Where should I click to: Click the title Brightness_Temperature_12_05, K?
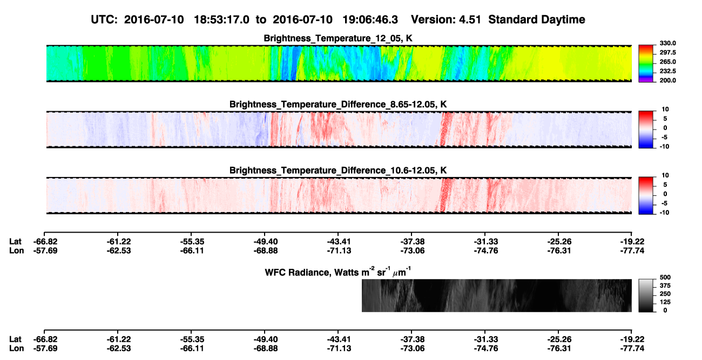338,38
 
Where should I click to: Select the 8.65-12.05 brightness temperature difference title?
338,104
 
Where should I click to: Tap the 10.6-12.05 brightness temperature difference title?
338,171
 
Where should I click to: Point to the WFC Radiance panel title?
337,272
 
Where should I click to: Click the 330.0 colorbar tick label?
667,43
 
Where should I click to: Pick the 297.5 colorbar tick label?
667,52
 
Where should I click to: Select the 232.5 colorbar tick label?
667,71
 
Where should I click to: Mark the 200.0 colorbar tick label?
667,80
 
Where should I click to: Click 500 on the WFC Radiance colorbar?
665,277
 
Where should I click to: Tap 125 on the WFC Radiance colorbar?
665,302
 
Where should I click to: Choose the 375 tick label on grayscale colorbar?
665,286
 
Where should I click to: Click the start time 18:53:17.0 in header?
221,19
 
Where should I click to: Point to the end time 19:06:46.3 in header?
370,19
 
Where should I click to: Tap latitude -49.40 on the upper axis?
265,242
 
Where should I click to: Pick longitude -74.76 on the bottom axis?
486,349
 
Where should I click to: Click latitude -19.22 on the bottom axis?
632,339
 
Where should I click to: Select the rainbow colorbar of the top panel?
646,64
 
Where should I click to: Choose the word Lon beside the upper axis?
17,250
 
